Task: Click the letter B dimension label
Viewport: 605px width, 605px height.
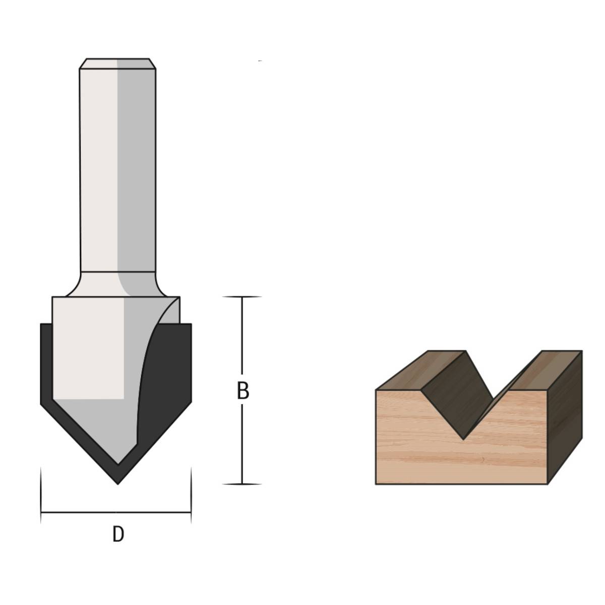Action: click(x=243, y=391)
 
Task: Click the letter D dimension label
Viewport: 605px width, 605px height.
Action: click(x=117, y=534)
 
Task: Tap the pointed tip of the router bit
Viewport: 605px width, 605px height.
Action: click(x=118, y=483)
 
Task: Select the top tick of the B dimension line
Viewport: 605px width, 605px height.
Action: click(x=242, y=297)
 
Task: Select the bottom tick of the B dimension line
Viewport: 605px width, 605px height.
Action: click(x=242, y=484)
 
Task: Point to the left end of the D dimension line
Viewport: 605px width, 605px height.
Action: click(x=41, y=512)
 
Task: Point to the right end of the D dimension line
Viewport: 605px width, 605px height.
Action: click(x=191, y=512)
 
